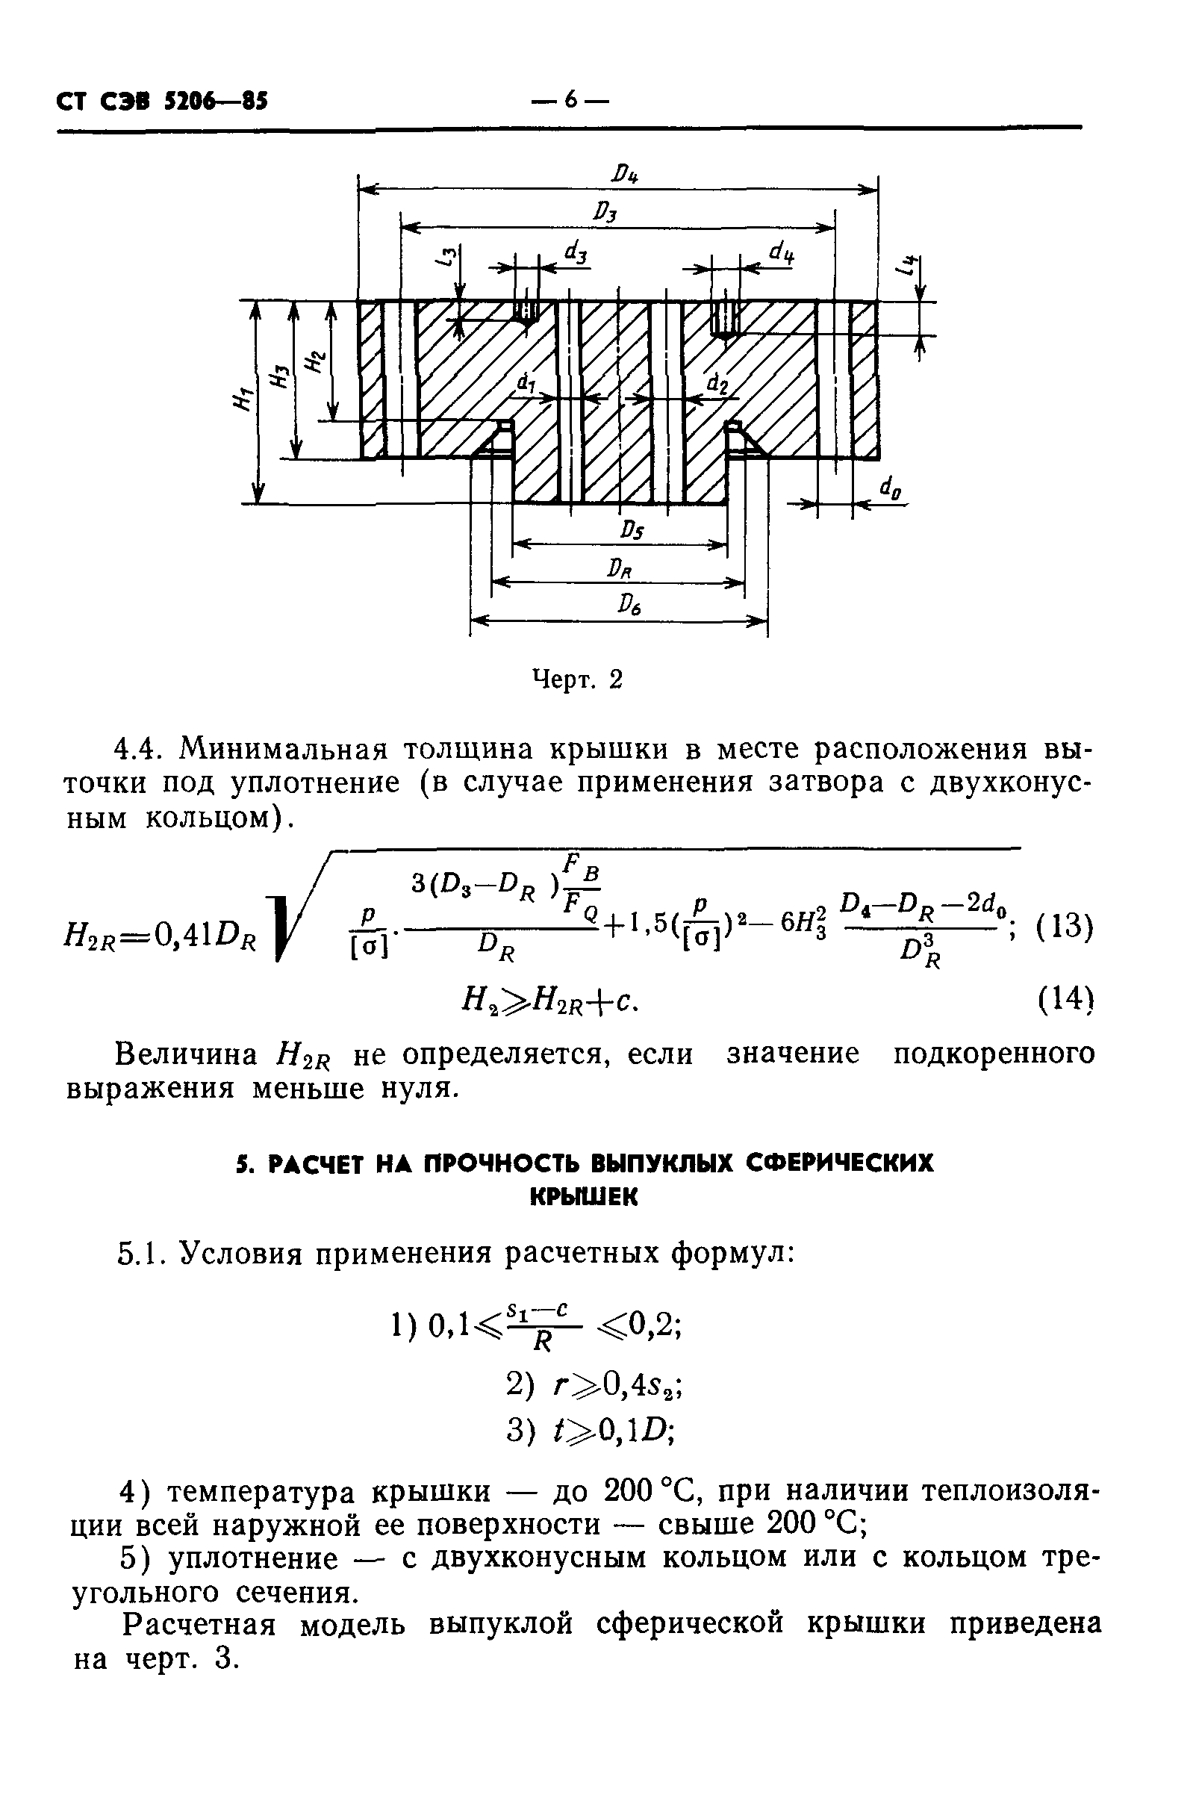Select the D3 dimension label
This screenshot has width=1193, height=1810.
605,212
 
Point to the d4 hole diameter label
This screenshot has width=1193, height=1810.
781,251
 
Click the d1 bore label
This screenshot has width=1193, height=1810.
526,385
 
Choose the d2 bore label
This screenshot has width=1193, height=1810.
717,385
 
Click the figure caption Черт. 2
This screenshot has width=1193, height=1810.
578,679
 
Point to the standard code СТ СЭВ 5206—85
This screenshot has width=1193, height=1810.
163,102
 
